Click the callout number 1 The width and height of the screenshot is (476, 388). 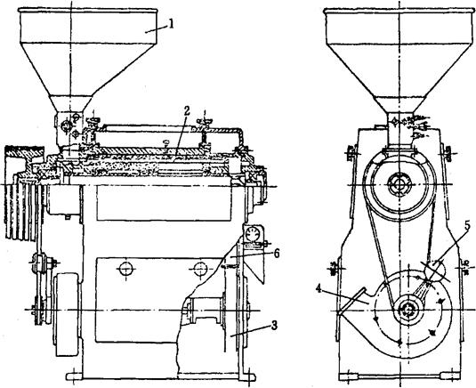[172, 24]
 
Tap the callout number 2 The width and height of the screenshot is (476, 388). [186, 111]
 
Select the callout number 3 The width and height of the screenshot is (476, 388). [274, 325]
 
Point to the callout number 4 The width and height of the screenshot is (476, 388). [319, 288]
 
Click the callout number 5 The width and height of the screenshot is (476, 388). [467, 225]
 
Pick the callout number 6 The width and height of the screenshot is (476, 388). [277, 254]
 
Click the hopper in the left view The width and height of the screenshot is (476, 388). [87, 61]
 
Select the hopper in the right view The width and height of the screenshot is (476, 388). [399, 61]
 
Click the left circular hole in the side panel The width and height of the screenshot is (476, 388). [126, 269]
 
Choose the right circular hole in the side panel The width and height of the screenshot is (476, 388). [200, 269]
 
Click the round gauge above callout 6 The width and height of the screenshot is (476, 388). [252, 233]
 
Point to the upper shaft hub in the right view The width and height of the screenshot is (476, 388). [399, 184]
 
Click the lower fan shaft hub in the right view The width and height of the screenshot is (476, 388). [407, 311]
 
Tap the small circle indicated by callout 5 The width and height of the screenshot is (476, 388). [434, 270]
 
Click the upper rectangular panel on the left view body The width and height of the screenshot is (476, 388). [164, 203]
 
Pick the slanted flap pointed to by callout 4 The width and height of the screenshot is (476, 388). [351, 301]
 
